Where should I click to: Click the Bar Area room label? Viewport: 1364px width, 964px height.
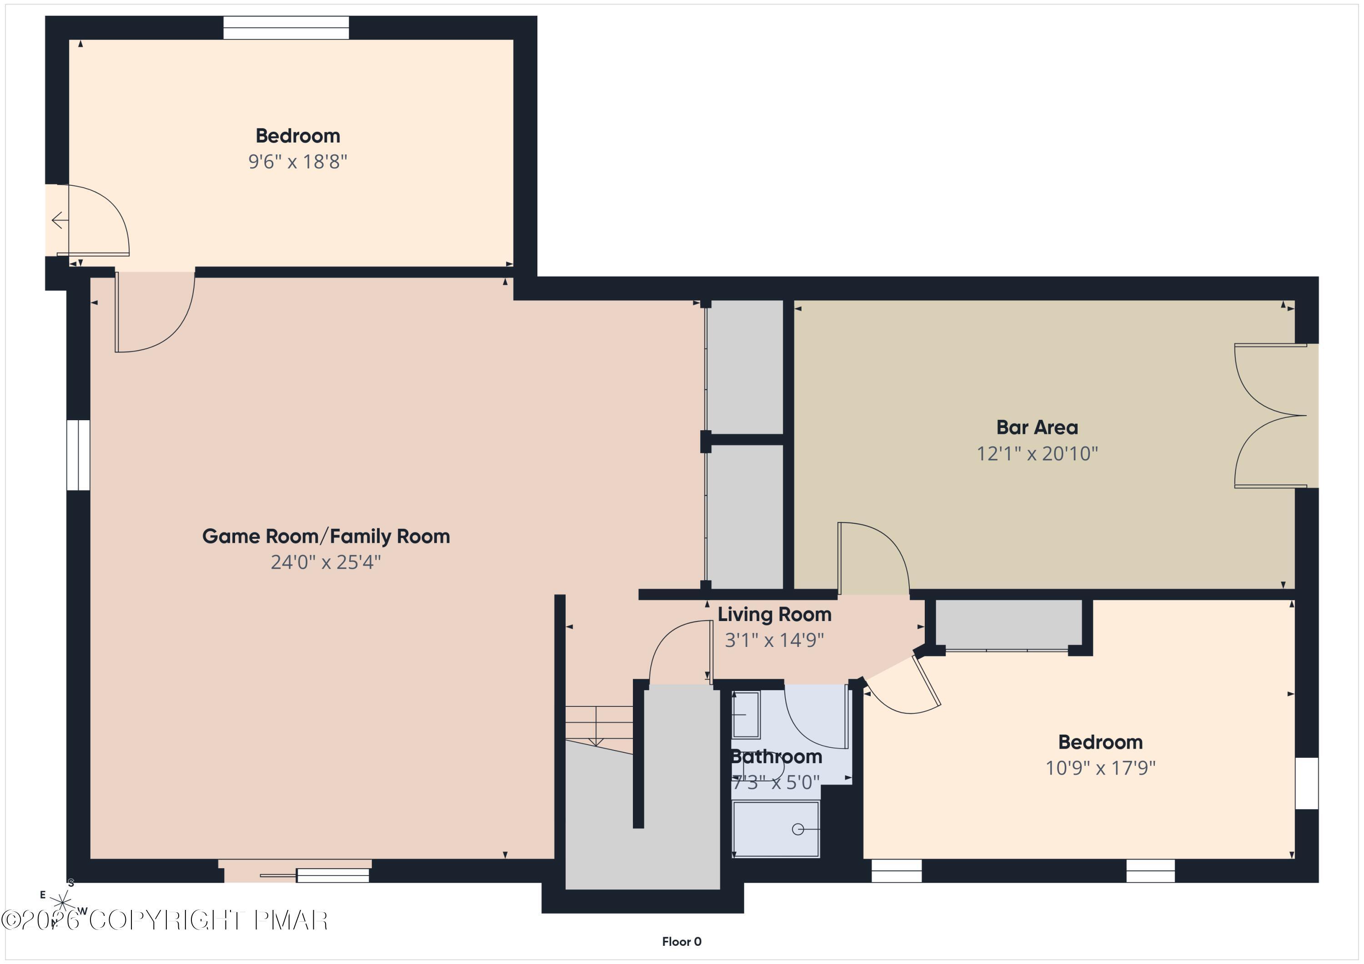1037,427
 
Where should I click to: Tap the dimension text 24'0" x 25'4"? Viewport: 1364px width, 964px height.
326,562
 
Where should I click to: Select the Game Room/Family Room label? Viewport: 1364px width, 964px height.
326,536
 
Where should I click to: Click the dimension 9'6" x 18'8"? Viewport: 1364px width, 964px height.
298,161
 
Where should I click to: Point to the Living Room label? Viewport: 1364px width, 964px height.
774,614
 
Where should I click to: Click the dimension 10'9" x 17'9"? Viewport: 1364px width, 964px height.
1100,768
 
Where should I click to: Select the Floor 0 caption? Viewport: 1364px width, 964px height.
682,941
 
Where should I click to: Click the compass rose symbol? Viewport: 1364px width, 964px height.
62,902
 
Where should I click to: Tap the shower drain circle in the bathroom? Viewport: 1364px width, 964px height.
798,830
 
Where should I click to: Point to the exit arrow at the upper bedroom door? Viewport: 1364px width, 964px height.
59,220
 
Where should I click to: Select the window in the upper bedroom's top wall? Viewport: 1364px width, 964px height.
286,28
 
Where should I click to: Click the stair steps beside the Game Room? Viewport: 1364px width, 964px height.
598,724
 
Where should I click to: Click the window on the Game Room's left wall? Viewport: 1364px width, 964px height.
78,455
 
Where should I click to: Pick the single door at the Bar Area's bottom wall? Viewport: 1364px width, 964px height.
872,558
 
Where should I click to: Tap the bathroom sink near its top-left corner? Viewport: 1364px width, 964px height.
745,715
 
